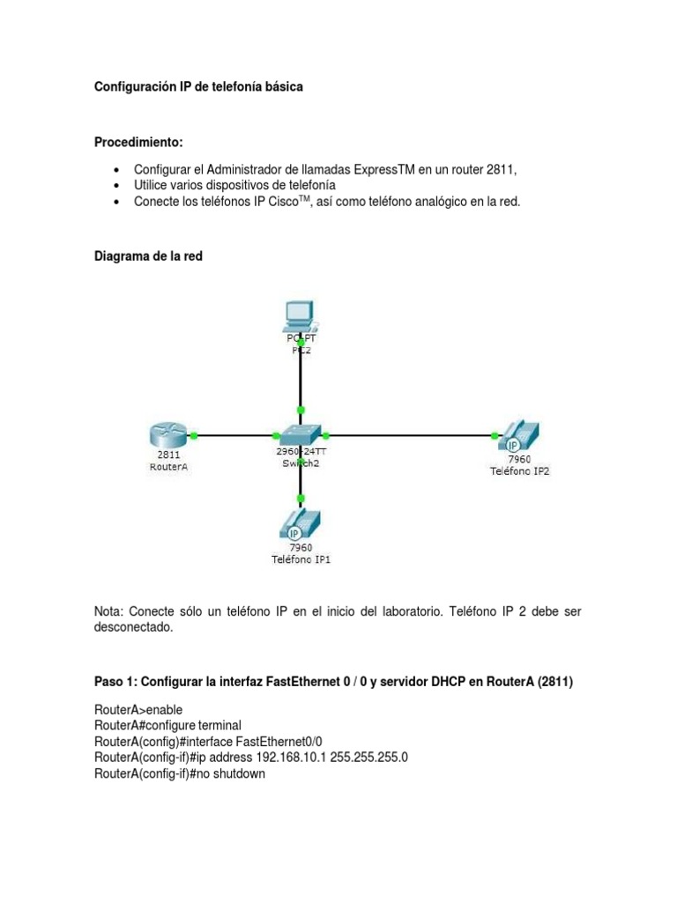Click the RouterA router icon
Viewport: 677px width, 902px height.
point(167,435)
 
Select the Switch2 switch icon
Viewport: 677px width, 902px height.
point(301,434)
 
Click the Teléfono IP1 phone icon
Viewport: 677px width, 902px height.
point(301,526)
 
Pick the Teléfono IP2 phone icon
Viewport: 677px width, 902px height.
point(520,436)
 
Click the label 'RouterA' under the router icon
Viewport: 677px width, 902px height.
point(168,468)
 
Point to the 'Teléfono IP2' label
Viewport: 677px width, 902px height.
point(520,471)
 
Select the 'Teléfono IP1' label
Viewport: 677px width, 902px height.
point(301,559)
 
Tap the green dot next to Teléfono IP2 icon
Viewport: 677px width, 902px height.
point(494,435)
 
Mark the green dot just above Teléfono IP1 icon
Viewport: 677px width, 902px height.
point(301,499)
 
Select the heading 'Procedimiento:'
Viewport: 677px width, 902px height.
point(139,143)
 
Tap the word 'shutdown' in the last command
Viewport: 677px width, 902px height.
point(238,774)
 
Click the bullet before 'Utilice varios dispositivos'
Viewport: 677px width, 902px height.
point(116,185)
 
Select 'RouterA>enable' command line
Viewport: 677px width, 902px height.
point(137,709)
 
